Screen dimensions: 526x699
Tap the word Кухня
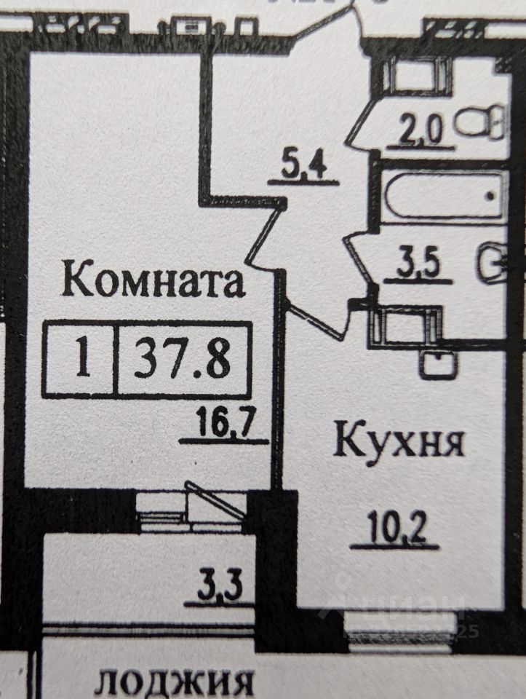[398, 442]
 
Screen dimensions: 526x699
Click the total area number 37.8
[183, 359]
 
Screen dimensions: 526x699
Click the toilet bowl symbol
[482, 122]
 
